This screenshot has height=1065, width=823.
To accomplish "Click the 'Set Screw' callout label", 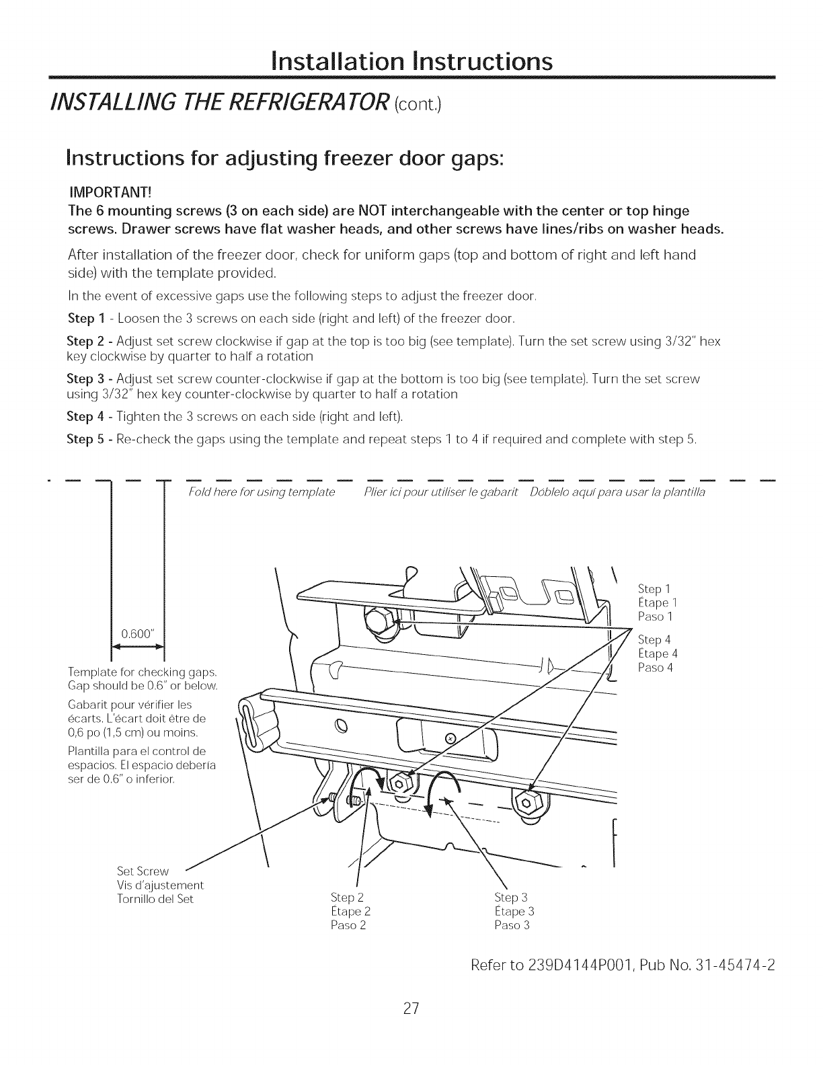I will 143,871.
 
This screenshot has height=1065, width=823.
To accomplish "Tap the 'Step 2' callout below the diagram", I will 348,898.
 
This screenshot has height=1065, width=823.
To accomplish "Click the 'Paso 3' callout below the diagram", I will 512,925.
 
